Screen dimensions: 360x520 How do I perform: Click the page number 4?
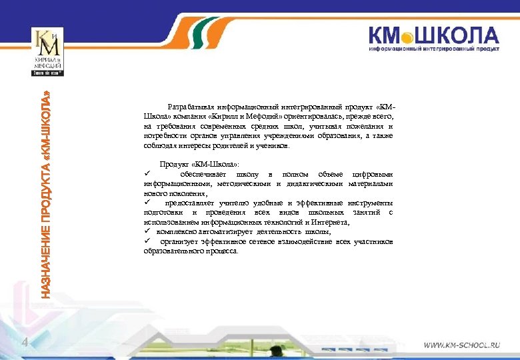pos(24,343)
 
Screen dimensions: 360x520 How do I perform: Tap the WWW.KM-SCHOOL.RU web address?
pos(462,346)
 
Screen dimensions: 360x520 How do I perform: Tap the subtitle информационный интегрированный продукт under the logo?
pos(434,49)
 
